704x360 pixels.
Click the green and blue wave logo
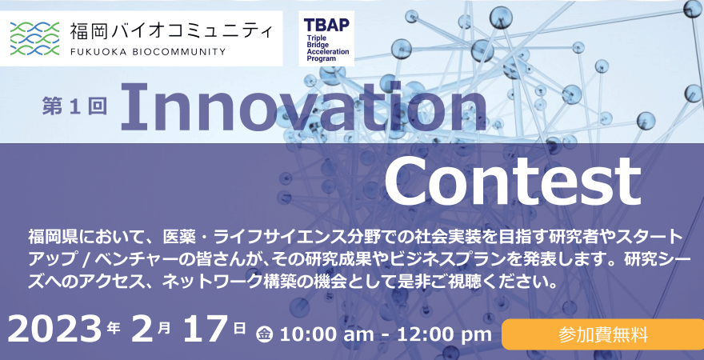tap(34, 38)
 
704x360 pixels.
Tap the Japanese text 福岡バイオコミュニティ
tap(170, 31)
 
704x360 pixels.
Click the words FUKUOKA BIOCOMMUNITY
tap(148, 52)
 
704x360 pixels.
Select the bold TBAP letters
tap(326, 25)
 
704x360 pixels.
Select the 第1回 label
tap(74, 107)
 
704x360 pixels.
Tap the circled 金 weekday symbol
tap(265, 334)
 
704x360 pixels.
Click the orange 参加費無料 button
tap(602, 334)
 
